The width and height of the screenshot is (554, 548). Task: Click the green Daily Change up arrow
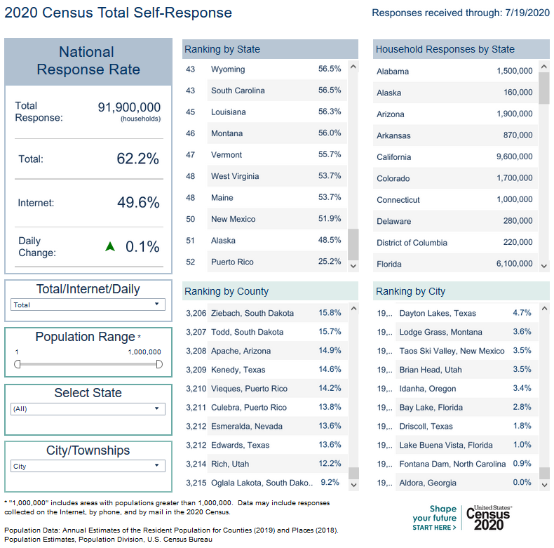coord(109,246)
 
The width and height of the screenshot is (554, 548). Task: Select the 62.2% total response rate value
coord(138,159)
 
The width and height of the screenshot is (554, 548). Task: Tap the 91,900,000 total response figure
coord(129,107)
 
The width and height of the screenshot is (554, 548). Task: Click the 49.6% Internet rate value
coord(138,203)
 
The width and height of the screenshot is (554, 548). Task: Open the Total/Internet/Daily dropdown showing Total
coord(88,305)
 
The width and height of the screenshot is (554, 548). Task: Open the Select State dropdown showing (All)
coord(88,408)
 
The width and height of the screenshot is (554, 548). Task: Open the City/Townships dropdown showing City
coord(88,466)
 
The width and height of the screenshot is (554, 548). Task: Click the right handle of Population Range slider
coord(159,363)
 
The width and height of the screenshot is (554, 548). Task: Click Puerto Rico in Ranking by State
coord(232,262)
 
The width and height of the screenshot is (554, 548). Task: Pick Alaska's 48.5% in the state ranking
coord(330,241)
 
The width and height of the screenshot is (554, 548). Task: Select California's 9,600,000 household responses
coord(514,157)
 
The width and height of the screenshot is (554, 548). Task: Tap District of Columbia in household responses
coord(412,243)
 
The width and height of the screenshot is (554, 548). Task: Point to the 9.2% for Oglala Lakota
coord(330,483)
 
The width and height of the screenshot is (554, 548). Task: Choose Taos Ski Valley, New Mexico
coord(452,351)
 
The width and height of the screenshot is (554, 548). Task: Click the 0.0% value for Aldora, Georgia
coord(522,483)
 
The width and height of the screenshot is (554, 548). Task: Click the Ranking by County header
coord(226,291)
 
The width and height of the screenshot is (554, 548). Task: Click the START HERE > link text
coord(434,527)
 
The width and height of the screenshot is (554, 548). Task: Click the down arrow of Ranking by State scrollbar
coord(353,266)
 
